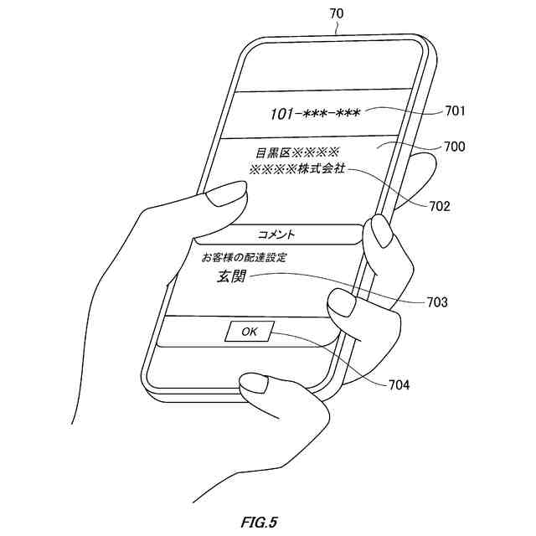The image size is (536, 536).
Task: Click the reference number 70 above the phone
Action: [x=336, y=13]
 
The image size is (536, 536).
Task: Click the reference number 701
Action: [x=455, y=111]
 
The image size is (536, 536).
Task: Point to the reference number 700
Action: [x=455, y=147]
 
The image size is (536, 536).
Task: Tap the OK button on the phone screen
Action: [x=249, y=332]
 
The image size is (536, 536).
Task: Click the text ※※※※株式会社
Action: [x=297, y=170]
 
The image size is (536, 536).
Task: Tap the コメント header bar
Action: [x=277, y=234]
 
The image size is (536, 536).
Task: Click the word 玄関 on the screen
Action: [x=231, y=277]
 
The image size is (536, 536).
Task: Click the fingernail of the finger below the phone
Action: [x=254, y=385]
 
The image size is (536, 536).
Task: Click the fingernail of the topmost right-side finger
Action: [x=381, y=232]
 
